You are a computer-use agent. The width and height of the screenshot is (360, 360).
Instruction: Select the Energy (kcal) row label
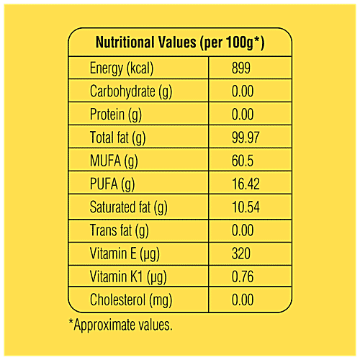pyautogui.click(x=122, y=68)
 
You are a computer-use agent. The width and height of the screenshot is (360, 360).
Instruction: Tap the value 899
pyautogui.click(x=243, y=68)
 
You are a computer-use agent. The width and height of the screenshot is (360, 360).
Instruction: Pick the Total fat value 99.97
pyautogui.click(x=248, y=138)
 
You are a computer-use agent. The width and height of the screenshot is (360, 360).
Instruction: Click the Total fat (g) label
pyautogui.click(x=118, y=138)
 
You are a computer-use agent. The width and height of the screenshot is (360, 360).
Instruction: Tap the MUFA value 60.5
pyautogui.click(x=245, y=161)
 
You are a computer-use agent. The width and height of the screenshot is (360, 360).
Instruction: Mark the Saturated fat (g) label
pyautogui.click(x=128, y=207)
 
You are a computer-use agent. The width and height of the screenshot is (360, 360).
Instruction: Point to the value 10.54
pyautogui.click(x=248, y=207)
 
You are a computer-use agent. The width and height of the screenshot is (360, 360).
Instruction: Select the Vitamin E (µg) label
pyautogui.click(x=123, y=253)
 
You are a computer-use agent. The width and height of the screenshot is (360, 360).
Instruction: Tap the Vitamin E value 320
pyautogui.click(x=243, y=253)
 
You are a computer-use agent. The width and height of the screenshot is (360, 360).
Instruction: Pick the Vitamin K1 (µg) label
pyautogui.click(x=127, y=277)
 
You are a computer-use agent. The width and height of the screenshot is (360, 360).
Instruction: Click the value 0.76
pyautogui.click(x=245, y=277)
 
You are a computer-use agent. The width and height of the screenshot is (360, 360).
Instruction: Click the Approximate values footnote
pyautogui.click(x=120, y=325)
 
